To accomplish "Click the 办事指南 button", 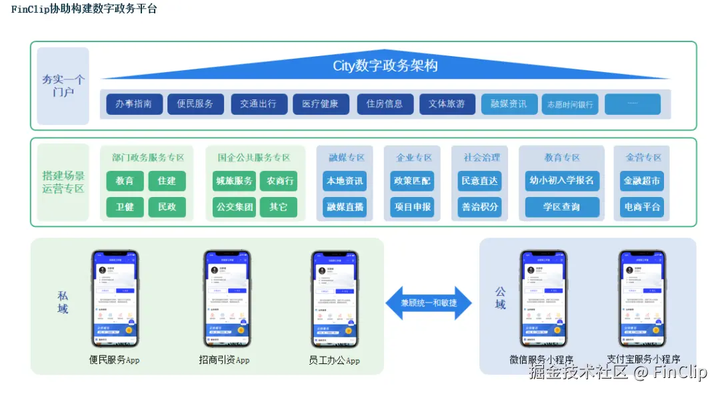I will pos(134,104).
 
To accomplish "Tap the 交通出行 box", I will pos(259,104).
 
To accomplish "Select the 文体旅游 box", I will pos(447,104).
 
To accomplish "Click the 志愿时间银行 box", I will pos(570,105).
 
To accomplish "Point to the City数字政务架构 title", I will pos(385,66).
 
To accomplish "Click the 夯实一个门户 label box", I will pos(63,86).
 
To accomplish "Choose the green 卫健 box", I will pos(125,207).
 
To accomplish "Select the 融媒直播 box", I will pos(345,207).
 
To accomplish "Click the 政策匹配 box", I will pos(412,181).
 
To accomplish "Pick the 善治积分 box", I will pos(480,207).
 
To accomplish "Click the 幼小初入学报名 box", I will pos(561,181).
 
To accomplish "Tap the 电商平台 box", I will pos(642,207).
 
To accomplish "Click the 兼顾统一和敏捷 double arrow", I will pos(429,303).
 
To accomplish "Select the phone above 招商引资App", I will pos(227,299).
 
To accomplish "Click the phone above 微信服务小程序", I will pos(543,299).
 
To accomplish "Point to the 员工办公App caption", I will pos(334,361).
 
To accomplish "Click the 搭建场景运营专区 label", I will pos(63,182).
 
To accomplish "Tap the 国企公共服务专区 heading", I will pos(254,158).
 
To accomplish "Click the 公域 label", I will pos(501,299).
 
